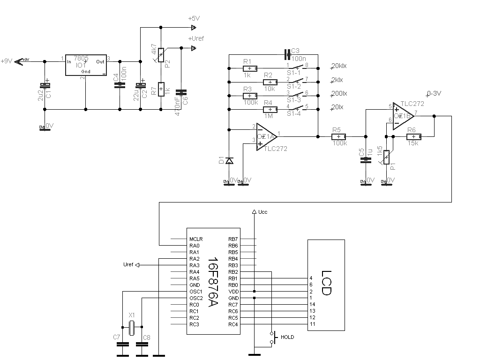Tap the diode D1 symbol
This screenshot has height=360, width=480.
(229, 161)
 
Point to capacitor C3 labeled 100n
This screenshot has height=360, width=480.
(288, 54)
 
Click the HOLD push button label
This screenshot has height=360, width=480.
(287, 337)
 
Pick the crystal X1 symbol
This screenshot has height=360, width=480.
(132, 327)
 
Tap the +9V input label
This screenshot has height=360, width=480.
(7, 61)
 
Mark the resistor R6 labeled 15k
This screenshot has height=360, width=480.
(413, 136)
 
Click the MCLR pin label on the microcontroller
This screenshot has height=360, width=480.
(196, 239)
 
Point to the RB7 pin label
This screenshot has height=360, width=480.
(233, 239)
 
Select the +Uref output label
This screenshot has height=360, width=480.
(196, 38)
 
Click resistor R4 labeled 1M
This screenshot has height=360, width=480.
(268, 109)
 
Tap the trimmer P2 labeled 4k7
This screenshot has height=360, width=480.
(161, 55)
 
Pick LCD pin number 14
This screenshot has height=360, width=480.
(312, 305)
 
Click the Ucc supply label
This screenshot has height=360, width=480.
(262, 212)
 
